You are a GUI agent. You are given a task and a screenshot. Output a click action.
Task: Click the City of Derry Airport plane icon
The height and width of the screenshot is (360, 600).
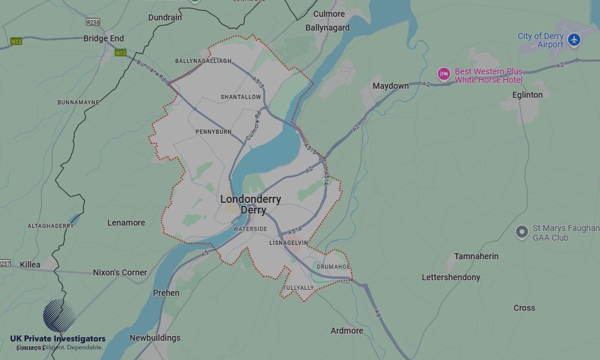pos(574,40)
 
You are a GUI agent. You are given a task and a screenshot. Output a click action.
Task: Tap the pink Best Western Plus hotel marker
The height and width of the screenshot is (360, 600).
pos(444,74)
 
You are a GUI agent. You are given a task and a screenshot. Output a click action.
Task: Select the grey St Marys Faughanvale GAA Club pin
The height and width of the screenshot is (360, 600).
pos(522,232)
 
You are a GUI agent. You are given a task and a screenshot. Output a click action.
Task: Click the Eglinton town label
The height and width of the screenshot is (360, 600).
pos(527,95)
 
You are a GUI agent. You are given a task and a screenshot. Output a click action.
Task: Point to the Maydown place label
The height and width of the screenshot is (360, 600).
pos(391,86)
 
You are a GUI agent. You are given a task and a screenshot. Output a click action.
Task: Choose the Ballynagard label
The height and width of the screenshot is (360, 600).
pos(327,28)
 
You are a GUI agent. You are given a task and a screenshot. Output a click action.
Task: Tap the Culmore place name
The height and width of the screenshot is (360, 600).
pos(329,14)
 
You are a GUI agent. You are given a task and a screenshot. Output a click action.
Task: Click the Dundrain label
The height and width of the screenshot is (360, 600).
pos(165,17)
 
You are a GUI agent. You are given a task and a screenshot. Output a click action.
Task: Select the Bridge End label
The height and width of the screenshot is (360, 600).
pos(104,38)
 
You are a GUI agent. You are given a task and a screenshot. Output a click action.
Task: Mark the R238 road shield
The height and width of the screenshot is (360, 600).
pos(93,22)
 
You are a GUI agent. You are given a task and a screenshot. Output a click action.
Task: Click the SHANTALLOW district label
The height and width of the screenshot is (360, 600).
pos(241,97)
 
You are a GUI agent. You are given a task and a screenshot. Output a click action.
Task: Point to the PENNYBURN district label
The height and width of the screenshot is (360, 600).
pos(213,131)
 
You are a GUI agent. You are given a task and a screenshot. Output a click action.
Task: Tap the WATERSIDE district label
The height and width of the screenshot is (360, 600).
pos(250,229)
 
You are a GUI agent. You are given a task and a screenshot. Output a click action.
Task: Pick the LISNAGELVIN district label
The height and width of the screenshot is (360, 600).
pos(289,242)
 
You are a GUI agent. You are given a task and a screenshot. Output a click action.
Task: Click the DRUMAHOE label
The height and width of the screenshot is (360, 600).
pos(333,266)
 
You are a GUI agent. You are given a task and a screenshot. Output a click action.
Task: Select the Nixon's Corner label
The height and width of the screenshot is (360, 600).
pos(120,272)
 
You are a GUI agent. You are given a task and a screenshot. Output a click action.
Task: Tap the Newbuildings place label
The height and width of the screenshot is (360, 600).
pos(155,338)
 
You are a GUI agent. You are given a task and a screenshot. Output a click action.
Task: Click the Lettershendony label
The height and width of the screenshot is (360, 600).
pos(451,277)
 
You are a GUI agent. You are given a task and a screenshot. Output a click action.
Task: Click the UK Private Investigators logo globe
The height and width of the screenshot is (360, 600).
pos(59,316)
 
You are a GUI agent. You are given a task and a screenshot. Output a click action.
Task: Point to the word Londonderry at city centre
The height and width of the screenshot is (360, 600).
pos(250,199)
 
